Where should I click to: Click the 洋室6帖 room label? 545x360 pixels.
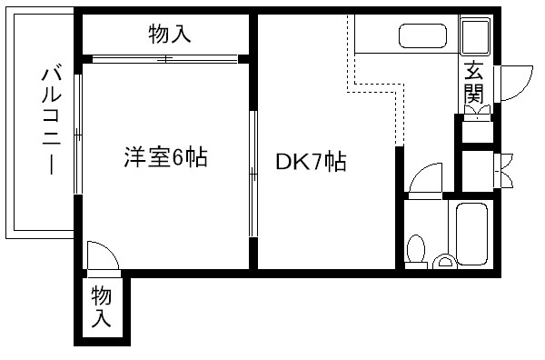(165, 157)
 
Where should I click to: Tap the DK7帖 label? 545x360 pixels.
(311, 162)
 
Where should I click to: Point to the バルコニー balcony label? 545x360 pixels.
(51, 121)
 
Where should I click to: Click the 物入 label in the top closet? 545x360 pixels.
(170, 34)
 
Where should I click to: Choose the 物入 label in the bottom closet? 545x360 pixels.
(101, 306)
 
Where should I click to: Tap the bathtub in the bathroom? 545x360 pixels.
(472, 234)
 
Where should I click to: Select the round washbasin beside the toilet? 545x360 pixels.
(444, 262)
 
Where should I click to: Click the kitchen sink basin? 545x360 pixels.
(422, 35)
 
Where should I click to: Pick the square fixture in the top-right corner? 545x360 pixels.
(475, 35)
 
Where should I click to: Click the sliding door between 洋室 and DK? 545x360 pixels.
(253, 174)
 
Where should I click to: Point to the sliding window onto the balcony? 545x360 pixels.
(78, 134)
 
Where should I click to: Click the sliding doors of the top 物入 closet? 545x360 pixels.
(165, 59)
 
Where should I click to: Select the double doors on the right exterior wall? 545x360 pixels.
(505, 171)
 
